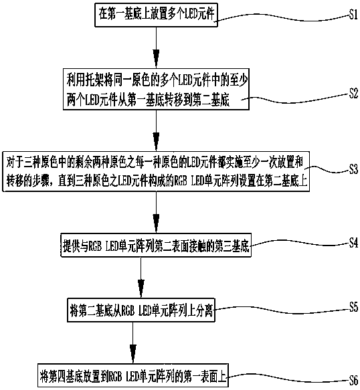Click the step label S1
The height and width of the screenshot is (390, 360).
point(353,15)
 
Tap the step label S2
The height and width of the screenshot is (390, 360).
point(353,94)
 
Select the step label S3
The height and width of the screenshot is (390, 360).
point(353,169)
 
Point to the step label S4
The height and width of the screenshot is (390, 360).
point(353,243)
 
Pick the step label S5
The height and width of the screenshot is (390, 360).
point(353,306)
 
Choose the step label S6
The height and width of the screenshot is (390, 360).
point(353,380)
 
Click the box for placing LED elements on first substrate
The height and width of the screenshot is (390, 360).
point(156,15)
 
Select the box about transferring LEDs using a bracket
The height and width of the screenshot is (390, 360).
point(156,89)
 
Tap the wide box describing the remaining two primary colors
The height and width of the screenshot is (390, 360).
point(156,171)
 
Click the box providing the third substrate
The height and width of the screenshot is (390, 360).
point(156,245)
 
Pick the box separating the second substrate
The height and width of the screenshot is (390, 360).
point(141,310)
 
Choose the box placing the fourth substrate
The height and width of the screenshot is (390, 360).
point(133,375)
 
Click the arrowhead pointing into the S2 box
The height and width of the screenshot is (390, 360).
point(156,58)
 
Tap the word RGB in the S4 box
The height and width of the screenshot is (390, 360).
point(94,246)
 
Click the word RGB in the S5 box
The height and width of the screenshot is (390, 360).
point(128,311)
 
